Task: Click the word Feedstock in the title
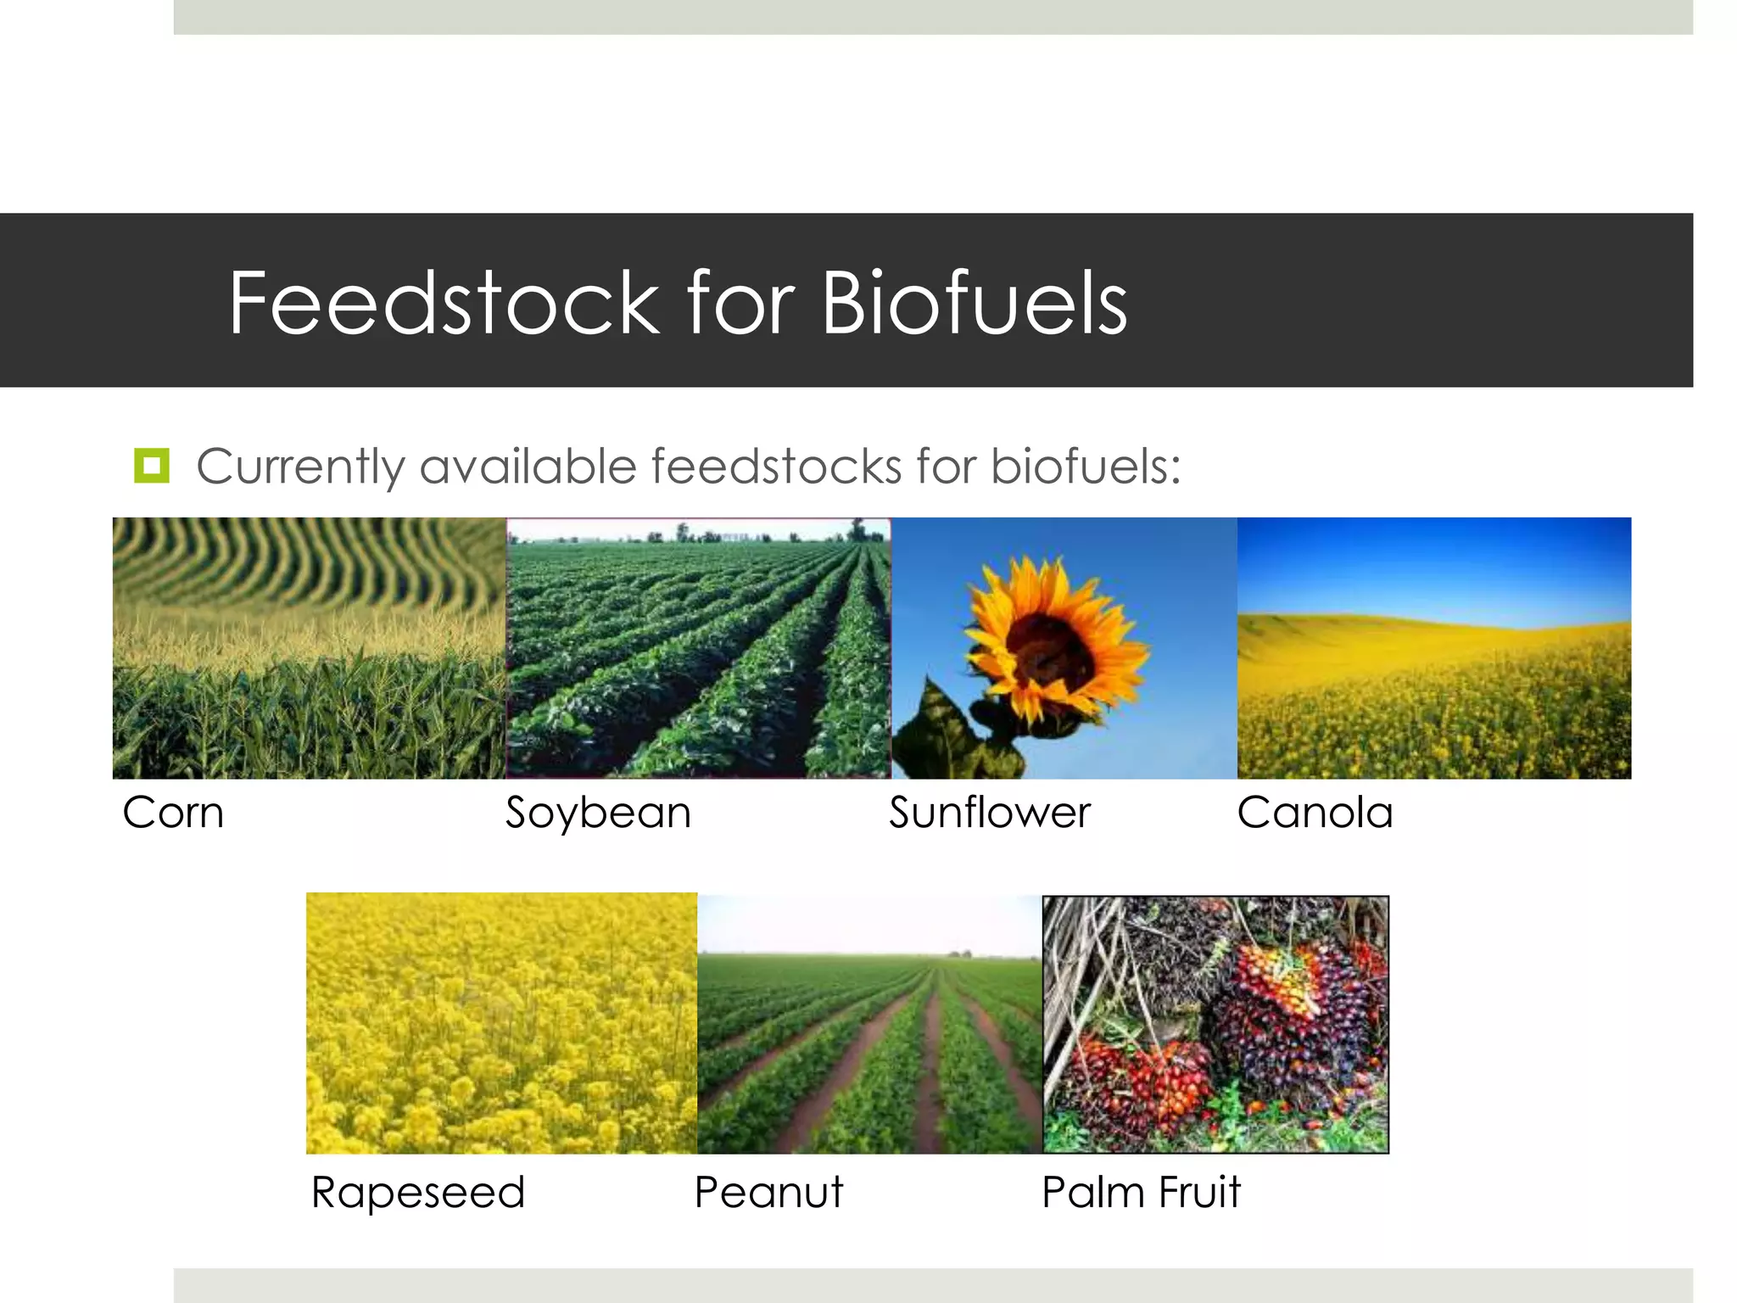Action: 444,303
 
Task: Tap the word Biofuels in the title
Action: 974,303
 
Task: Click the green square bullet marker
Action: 152,466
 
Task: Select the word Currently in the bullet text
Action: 300,467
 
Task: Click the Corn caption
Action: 173,813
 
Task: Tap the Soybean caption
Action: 598,813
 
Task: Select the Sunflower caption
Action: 989,813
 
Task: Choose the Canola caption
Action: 1315,813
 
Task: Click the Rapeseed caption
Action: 418,1192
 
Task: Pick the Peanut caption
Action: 768,1192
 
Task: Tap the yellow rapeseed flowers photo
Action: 501,1023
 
